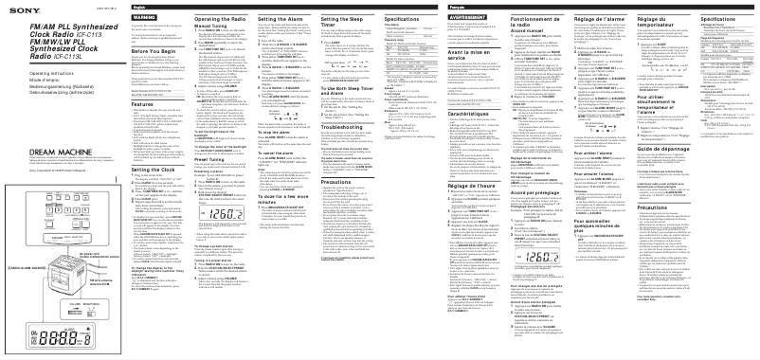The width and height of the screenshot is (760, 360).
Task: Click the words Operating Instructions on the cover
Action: pos(27,71)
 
